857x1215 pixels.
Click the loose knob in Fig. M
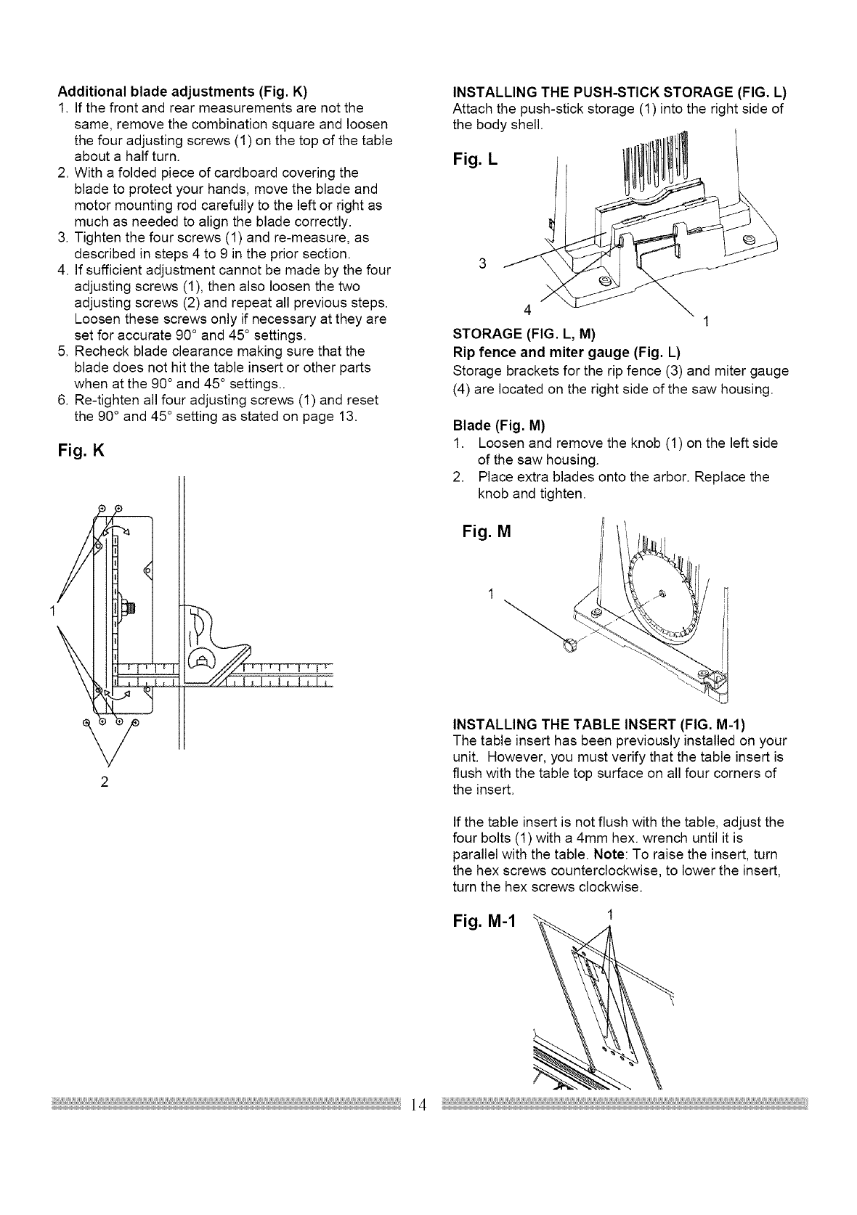(570, 641)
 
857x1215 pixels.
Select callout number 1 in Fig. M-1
(611, 912)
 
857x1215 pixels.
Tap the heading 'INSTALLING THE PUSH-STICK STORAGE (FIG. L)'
(620, 92)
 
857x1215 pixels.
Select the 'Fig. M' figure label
(487, 532)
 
